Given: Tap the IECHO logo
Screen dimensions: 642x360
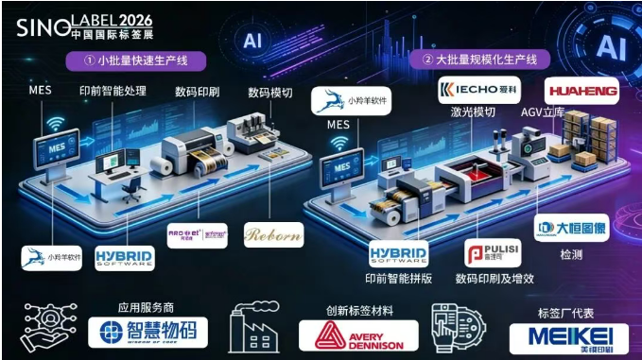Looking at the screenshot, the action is [x=479, y=91].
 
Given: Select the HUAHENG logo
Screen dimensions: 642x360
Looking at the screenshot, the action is [x=581, y=92].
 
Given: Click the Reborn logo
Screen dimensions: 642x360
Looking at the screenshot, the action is [x=273, y=235].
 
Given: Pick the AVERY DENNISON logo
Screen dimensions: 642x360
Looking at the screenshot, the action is [x=358, y=335].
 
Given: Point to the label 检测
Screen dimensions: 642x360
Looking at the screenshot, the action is [x=570, y=256].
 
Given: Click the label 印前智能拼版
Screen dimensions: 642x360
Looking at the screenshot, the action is [x=399, y=279].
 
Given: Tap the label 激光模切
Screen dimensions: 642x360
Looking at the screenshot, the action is [x=474, y=111].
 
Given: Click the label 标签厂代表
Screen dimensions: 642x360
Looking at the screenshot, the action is [x=566, y=309].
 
